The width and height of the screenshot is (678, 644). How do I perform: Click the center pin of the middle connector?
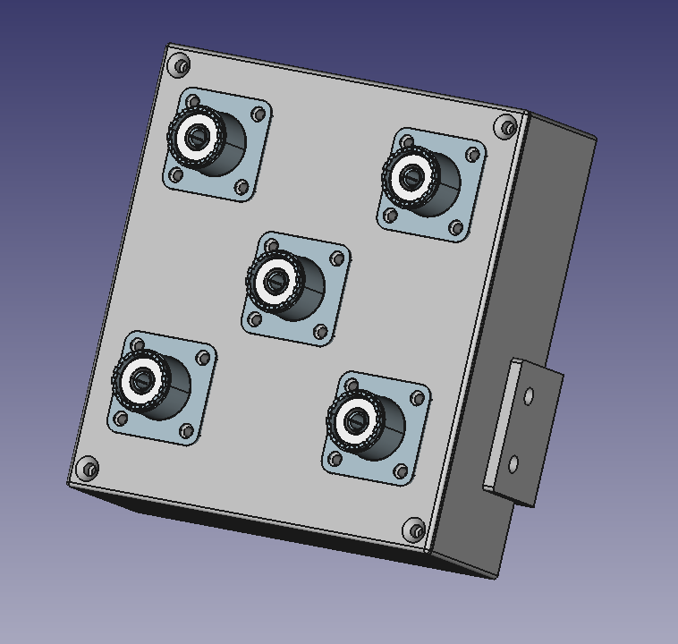pyautogui.click(x=274, y=282)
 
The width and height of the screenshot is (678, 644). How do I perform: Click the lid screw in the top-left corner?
pyautogui.click(x=181, y=65)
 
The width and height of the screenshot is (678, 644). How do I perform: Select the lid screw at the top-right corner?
pyautogui.click(x=509, y=128)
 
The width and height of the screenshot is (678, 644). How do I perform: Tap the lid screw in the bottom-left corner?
pyautogui.click(x=88, y=468)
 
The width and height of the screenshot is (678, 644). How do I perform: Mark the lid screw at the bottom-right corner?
pyautogui.click(x=414, y=530)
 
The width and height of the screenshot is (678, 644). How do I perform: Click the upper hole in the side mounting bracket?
pyautogui.click(x=529, y=395)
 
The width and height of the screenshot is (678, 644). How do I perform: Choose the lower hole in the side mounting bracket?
pyautogui.click(x=513, y=464)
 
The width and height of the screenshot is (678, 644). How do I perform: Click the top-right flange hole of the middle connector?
pyautogui.click(x=337, y=259)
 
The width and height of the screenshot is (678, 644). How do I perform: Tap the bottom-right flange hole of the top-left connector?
pyautogui.click(x=242, y=187)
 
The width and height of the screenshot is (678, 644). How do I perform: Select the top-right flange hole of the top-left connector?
pyautogui.click(x=258, y=114)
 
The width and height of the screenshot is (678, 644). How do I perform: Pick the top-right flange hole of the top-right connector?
pyautogui.click(x=474, y=155)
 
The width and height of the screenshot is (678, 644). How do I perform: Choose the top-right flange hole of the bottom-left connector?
pyautogui.click(x=204, y=358)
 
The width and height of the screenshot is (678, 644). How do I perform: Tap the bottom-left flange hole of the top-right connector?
pyautogui.click(x=390, y=216)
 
